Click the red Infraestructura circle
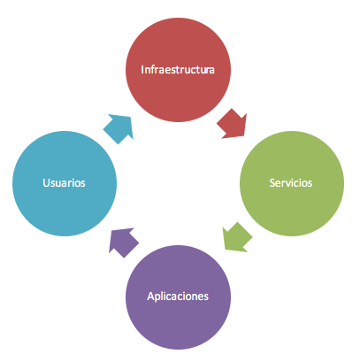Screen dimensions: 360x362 click(x=178, y=70)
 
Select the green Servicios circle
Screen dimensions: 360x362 click(x=292, y=183)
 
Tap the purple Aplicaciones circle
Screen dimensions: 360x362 click(x=178, y=297)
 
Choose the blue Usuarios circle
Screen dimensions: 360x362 click(x=65, y=183)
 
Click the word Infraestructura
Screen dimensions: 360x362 click(x=178, y=70)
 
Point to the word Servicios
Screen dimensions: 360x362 click(x=291, y=183)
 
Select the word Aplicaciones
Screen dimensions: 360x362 click(x=178, y=297)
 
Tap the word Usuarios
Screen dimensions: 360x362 click(x=64, y=183)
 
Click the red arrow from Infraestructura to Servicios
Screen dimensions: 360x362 click(x=233, y=124)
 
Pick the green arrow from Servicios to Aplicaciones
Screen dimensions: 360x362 click(x=236, y=238)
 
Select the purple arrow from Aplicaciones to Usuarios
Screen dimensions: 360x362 click(x=123, y=243)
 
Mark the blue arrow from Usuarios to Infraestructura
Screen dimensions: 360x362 click(x=119, y=128)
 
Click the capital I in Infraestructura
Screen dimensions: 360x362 click(x=142, y=70)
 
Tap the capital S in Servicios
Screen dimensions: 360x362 click(x=272, y=183)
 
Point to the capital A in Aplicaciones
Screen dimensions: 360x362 click(x=150, y=297)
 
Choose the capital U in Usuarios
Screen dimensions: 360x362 click(x=46, y=183)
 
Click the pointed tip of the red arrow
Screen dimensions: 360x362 click(x=244, y=136)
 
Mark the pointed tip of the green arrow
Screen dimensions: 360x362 click(x=226, y=250)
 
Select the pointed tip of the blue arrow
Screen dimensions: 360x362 click(x=131, y=117)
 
